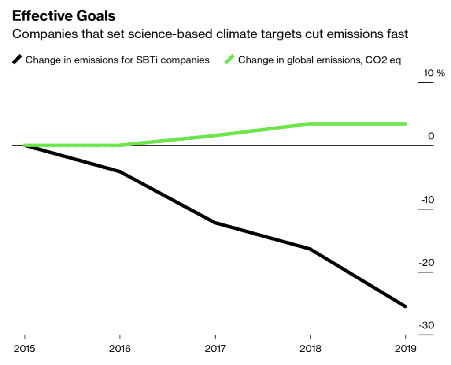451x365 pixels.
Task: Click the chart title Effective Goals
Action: tap(63, 16)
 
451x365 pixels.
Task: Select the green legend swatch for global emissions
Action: tap(229, 60)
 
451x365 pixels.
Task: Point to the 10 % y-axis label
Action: tap(434, 73)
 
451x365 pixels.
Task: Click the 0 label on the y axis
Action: tap(431, 136)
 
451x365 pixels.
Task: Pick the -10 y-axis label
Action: tap(427, 200)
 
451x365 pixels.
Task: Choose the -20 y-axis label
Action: tap(427, 263)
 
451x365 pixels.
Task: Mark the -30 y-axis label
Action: tap(427, 326)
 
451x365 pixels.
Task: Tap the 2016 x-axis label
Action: tap(119, 349)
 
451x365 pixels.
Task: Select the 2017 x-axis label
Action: tap(214, 349)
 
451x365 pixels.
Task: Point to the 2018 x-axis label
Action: tap(310, 349)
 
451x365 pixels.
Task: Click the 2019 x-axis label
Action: tap(405, 349)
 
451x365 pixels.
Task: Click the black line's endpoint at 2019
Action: tap(405, 306)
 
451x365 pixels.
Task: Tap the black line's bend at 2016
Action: tap(119, 171)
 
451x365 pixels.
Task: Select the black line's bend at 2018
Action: tap(310, 249)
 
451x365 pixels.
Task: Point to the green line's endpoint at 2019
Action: tap(405, 124)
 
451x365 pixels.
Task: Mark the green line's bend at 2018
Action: tap(310, 124)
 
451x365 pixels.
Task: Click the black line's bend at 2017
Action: tap(214, 223)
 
